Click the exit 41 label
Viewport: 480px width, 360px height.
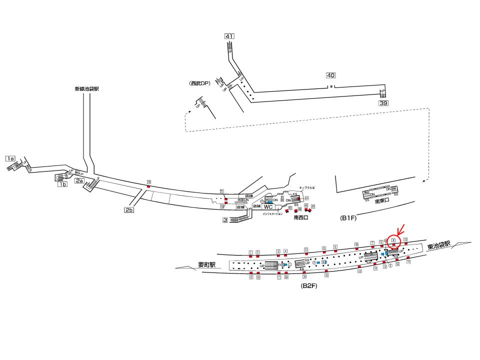coord(229,36)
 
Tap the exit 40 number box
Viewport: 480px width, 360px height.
coord(330,75)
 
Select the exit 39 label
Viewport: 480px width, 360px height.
coord(383,103)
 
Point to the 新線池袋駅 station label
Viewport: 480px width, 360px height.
coord(86,89)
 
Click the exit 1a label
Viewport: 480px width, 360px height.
coord(10,158)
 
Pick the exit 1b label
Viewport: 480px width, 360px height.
coord(62,184)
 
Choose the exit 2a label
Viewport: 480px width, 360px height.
coord(79,180)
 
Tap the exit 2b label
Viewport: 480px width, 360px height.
coord(129,210)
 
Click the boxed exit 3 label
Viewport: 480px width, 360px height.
coord(225,220)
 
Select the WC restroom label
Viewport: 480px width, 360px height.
coord(268,207)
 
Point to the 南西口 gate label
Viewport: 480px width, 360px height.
coord(301,218)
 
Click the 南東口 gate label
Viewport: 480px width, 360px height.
coord(382,202)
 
